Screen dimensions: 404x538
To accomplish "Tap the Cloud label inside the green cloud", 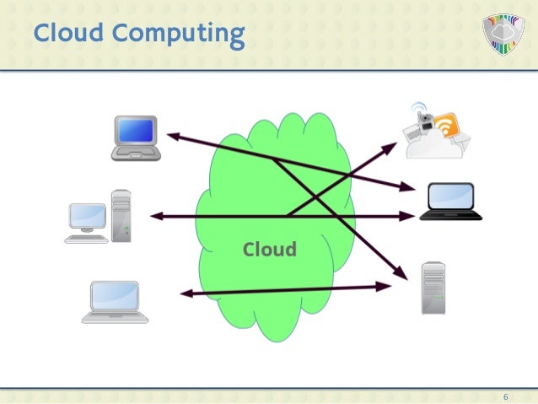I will point(269,250).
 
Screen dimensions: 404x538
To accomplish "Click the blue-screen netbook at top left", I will point(137,137).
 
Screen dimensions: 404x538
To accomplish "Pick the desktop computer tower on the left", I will point(121,215).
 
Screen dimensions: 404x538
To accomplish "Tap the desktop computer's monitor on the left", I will point(88,217).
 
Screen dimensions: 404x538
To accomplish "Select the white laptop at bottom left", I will point(116,301).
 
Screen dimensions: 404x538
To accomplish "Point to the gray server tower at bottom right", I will point(433,288).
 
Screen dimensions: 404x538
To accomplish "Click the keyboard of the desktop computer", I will point(86,239).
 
